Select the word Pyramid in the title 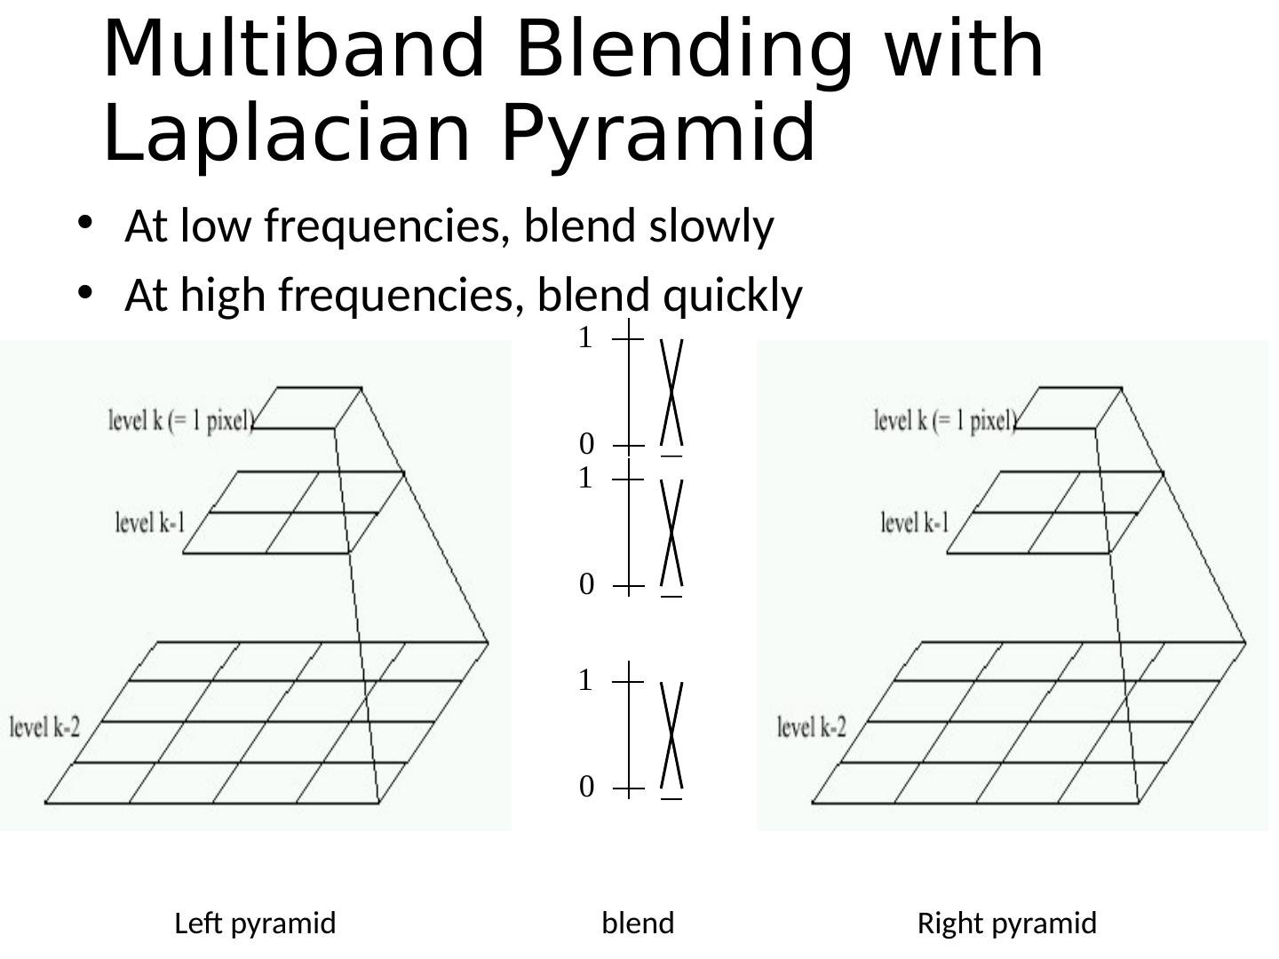(x=657, y=133)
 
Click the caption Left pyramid (x=255, y=923)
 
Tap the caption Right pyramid (x=1006, y=923)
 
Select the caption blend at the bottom (x=638, y=923)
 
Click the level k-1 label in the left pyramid (x=150, y=521)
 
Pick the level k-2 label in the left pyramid (x=45, y=727)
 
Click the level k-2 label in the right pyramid (x=812, y=727)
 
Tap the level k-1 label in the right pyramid (x=915, y=521)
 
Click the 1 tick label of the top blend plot (x=584, y=338)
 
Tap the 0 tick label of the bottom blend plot (x=586, y=787)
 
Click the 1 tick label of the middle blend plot (x=584, y=479)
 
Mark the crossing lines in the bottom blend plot (x=671, y=736)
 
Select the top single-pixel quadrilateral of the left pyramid (x=307, y=408)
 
